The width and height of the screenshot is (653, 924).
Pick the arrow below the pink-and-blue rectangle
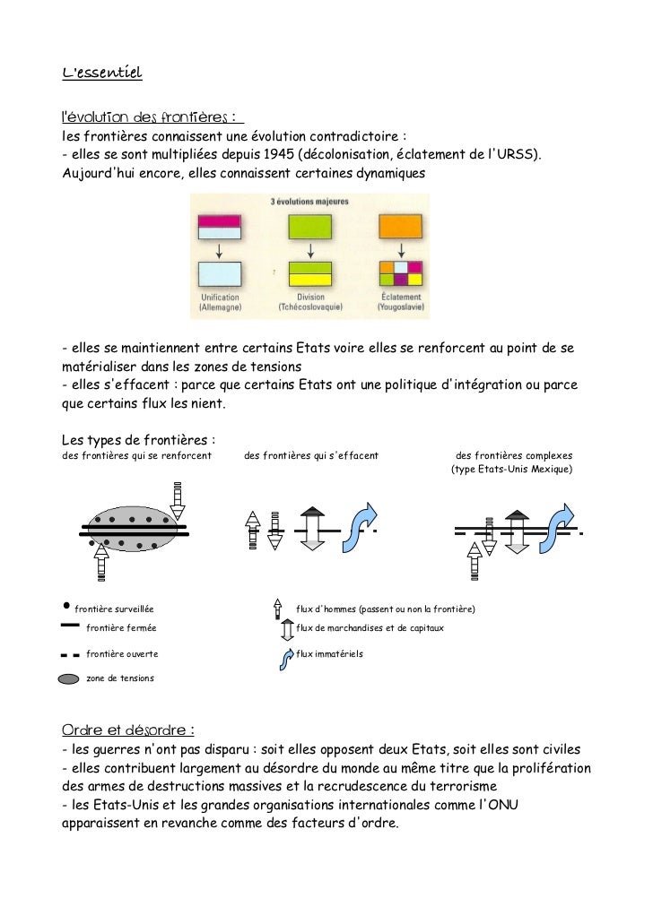[x=220, y=249]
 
